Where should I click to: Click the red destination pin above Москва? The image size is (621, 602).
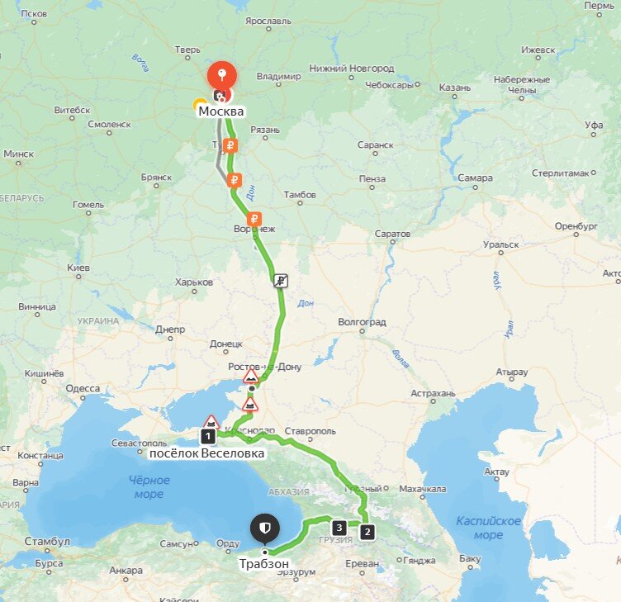221,77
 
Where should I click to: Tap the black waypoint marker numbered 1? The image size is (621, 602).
209,435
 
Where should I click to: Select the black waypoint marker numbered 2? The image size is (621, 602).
367,532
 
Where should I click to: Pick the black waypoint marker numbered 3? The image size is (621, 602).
338,526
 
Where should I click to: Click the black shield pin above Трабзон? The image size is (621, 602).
264,528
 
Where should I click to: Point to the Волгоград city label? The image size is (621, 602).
362,322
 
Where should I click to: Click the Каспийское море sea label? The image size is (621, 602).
488,528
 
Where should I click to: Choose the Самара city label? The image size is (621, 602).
476,178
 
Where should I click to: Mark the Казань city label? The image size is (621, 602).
454,87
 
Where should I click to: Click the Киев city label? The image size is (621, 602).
78,268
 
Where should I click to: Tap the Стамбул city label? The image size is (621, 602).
46,542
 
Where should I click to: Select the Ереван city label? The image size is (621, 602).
363,564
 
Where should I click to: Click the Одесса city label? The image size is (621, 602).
83,388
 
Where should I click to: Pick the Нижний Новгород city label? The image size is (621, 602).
351,69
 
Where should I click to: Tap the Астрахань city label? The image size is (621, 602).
433,394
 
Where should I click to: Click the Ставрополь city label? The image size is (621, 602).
310,431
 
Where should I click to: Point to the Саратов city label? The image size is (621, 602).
391,234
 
